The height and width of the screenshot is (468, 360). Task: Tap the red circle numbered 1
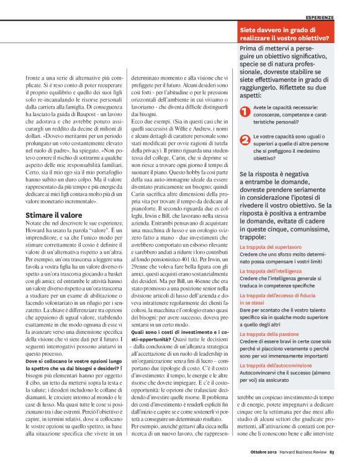[245, 111]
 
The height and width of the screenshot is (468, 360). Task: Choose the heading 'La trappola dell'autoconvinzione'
[277, 366]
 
